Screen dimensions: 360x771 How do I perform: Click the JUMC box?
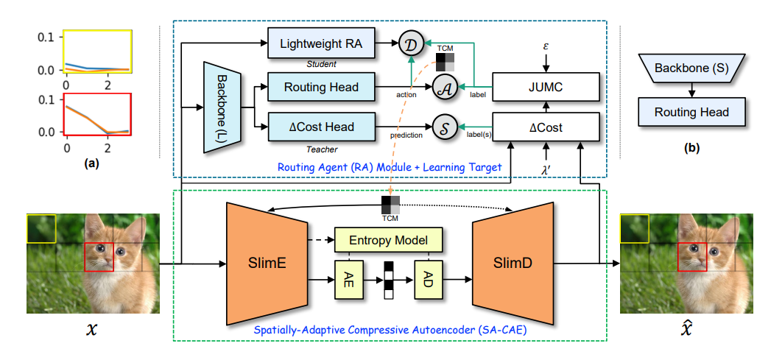point(545,87)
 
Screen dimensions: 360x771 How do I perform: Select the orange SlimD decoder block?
point(507,263)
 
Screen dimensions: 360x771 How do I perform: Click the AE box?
point(350,280)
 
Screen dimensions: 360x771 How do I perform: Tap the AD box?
point(428,280)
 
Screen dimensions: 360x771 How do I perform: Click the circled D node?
point(410,45)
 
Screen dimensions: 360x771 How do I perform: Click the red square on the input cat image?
point(99,258)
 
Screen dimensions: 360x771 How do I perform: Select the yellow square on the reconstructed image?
point(634,228)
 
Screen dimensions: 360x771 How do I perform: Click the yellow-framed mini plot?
point(97,51)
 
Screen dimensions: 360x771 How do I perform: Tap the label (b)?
point(691,148)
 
